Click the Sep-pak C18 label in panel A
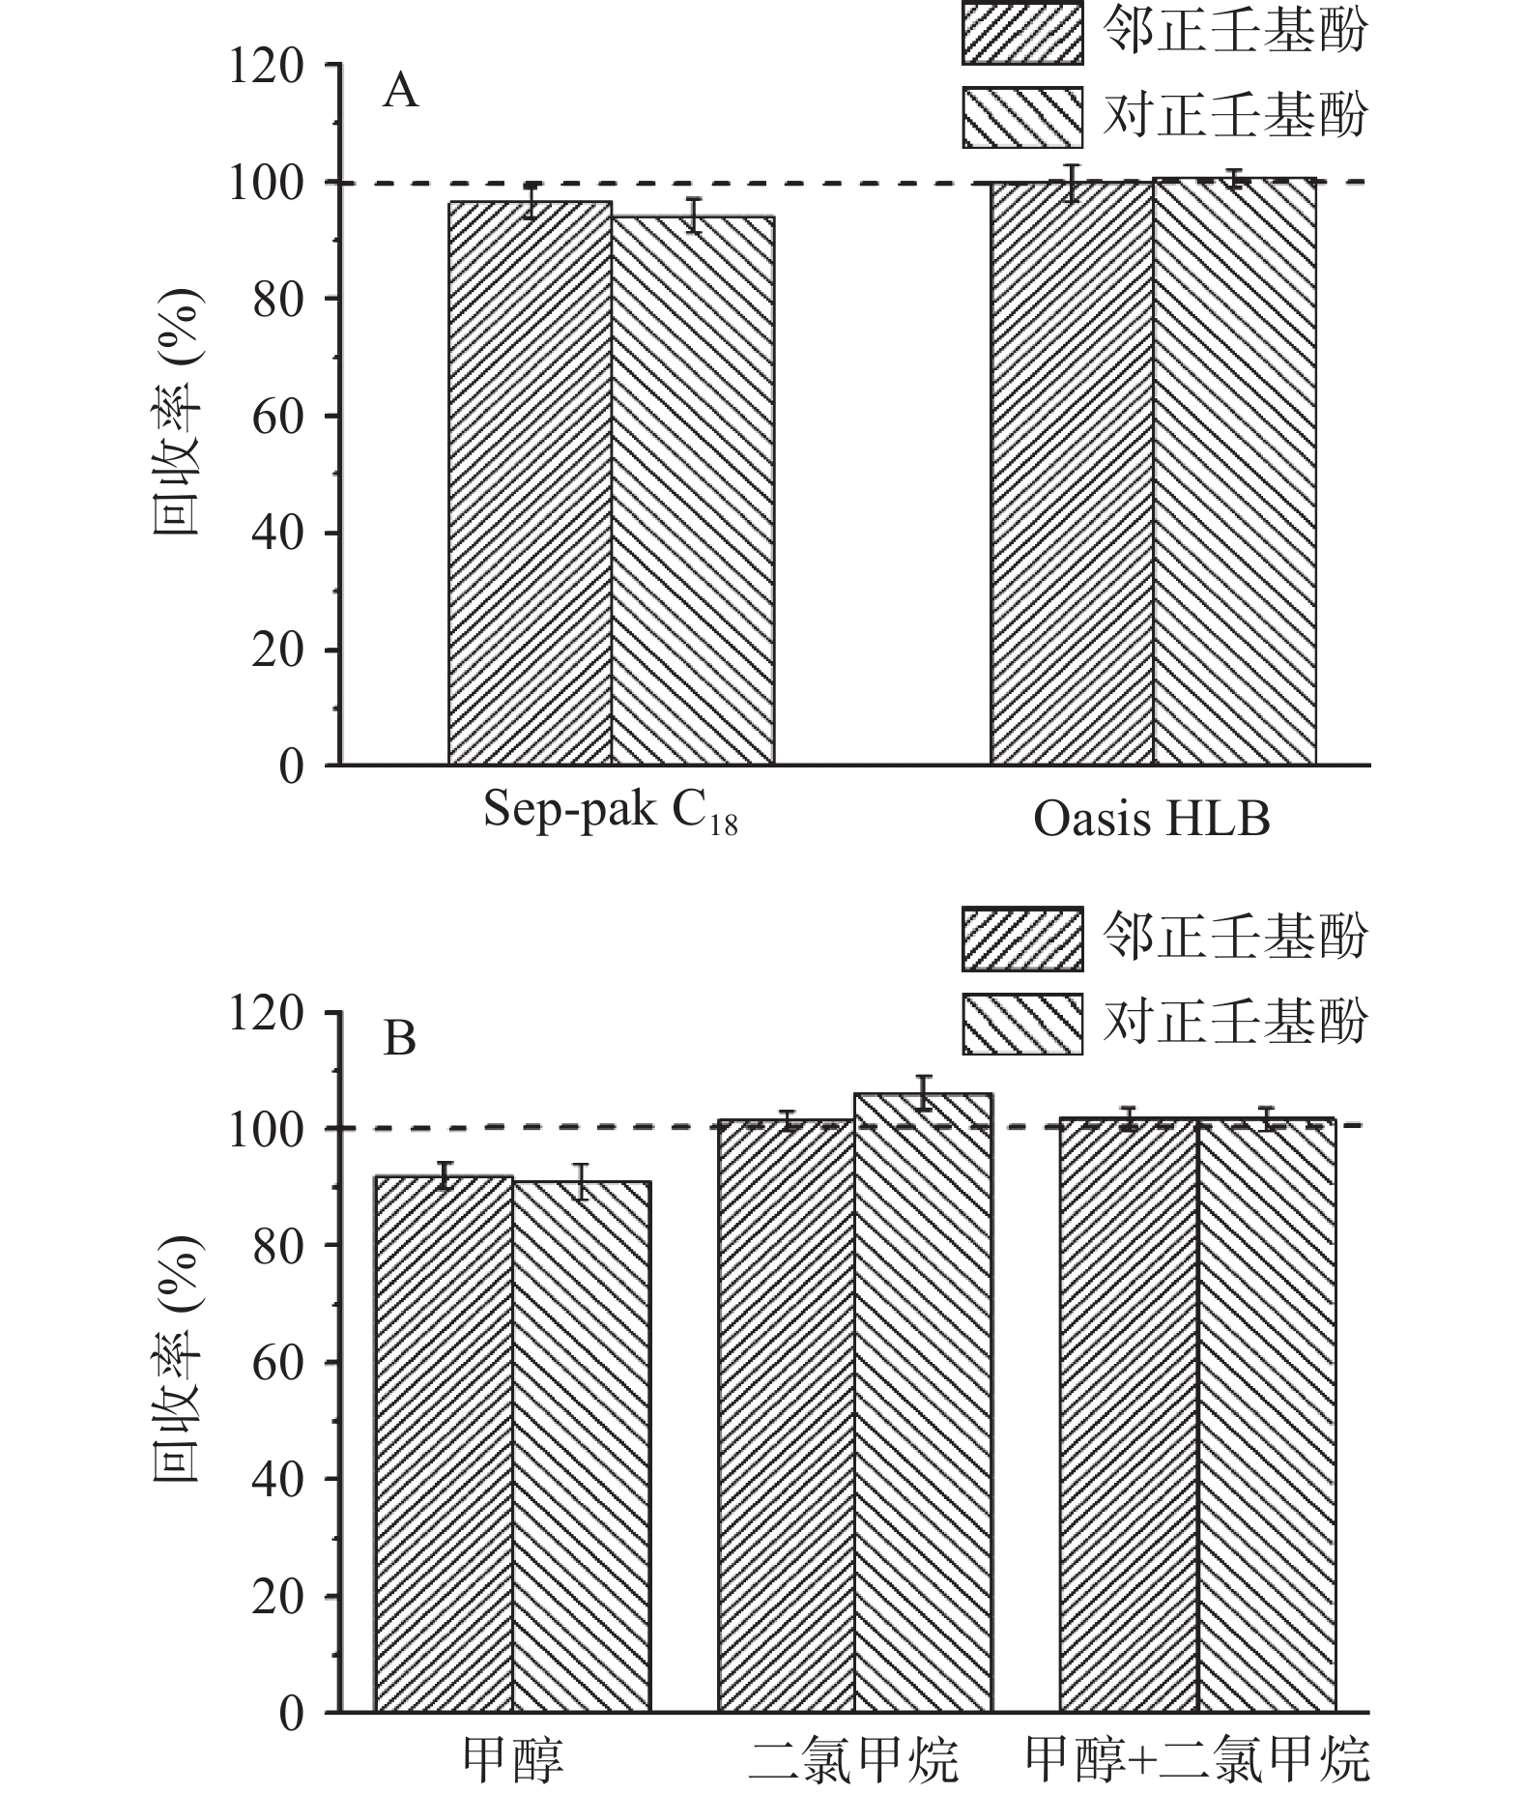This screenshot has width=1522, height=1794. (x=610, y=812)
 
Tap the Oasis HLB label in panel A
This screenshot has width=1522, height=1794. (x=1151, y=820)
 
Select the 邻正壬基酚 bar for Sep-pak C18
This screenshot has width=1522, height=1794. (x=530, y=483)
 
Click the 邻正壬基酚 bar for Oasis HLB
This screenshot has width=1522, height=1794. (x=1072, y=474)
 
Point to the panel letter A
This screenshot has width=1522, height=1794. (x=401, y=92)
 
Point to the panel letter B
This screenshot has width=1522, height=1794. (x=400, y=1039)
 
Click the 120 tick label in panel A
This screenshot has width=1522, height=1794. (x=265, y=68)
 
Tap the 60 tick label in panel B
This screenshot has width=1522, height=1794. (x=277, y=1363)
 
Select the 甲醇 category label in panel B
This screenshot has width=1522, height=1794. (x=512, y=1760)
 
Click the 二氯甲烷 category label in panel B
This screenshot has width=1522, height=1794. (x=853, y=1760)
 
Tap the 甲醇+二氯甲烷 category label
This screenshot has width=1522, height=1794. (x=1197, y=1760)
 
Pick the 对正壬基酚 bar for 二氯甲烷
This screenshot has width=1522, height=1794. (x=923, y=1402)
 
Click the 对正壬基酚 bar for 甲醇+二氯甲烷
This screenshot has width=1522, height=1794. (x=1267, y=1416)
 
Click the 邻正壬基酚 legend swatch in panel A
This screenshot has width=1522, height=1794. (x=1021, y=34)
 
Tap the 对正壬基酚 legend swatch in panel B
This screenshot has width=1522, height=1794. (x=1021, y=1024)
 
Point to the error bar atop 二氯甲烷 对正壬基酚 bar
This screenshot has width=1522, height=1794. (x=923, y=1093)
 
